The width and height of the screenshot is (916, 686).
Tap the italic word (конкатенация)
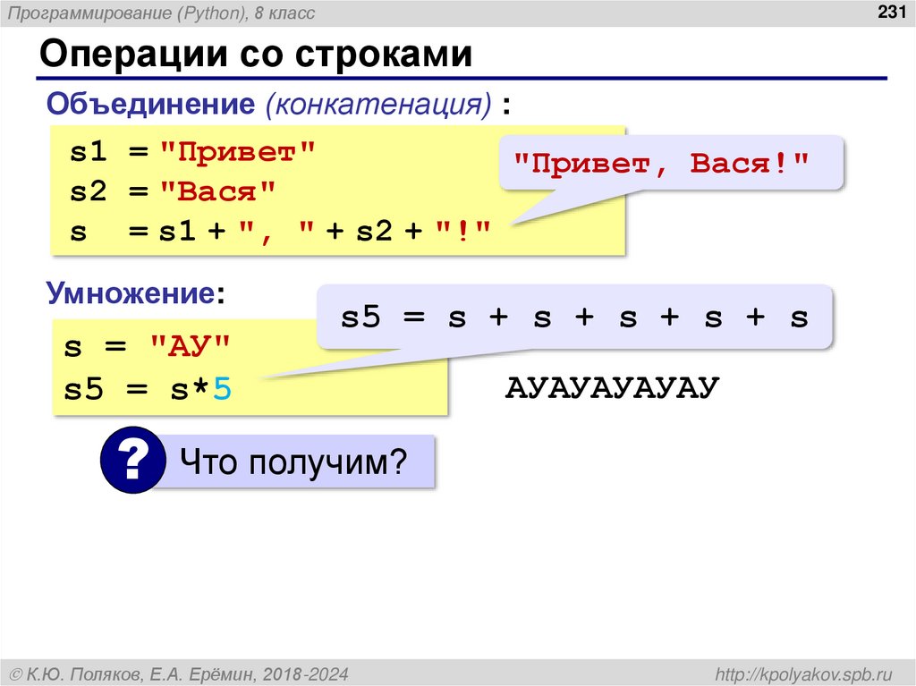pos(377,104)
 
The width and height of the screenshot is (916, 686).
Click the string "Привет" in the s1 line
pos(238,151)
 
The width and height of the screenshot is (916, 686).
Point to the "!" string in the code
pos(464,231)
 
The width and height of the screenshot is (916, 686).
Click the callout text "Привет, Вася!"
pos(660,165)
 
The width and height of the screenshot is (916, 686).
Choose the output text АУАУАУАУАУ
pos(613,388)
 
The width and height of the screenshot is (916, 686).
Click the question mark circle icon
pos(132,462)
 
